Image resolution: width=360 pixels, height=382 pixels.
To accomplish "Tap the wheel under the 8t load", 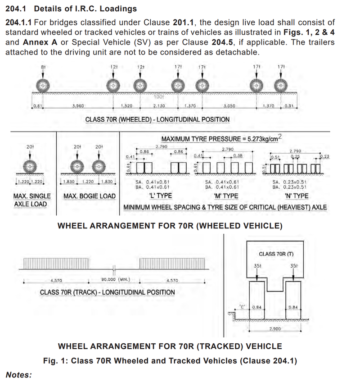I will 42,85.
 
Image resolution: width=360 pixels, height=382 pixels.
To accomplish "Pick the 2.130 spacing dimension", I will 159,106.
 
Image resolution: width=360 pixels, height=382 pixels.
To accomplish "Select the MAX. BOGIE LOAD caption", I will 90,196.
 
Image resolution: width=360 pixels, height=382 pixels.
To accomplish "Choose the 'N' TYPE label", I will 297,196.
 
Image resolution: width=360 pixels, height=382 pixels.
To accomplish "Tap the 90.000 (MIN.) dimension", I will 116,279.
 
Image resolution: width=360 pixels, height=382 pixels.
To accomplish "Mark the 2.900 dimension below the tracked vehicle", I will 275,329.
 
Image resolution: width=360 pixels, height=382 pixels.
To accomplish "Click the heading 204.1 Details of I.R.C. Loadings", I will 71,9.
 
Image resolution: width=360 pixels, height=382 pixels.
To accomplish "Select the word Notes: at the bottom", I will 18,375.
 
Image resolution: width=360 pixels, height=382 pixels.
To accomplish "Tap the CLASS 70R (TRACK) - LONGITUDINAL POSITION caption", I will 108,292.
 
